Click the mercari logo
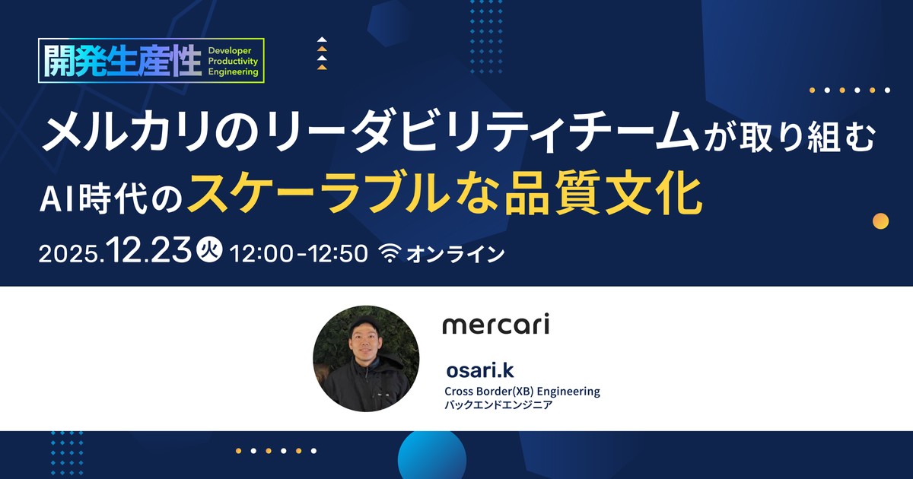click(x=495, y=324)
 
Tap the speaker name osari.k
click(x=480, y=370)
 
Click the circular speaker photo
click(x=366, y=358)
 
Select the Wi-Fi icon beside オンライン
click(x=390, y=253)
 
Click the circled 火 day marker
click(x=209, y=249)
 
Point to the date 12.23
click(x=149, y=249)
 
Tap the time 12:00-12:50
click(x=299, y=253)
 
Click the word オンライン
click(x=456, y=254)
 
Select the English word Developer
click(x=230, y=50)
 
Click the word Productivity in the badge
click(x=233, y=61)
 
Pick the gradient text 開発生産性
click(x=123, y=60)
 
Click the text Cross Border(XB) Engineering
click(x=522, y=391)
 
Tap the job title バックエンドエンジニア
click(x=498, y=404)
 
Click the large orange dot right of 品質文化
click(x=880, y=221)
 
